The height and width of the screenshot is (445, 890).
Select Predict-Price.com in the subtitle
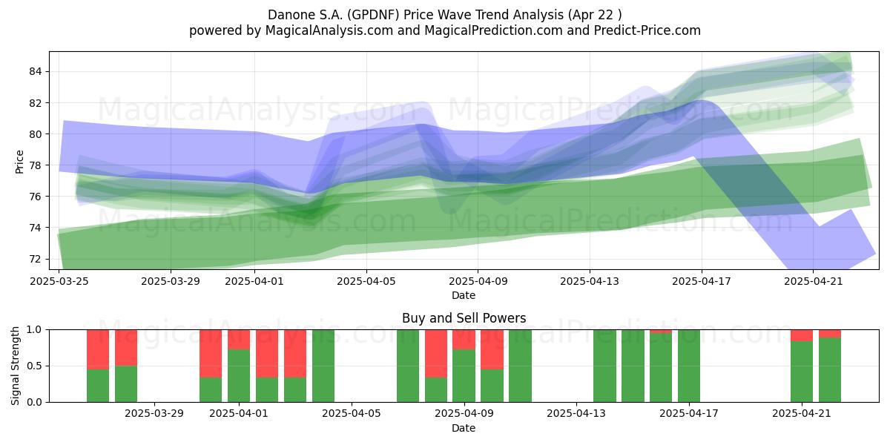pyautogui.click(x=647, y=30)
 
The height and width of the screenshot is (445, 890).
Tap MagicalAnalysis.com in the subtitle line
pyautogui.click(x=329, y=30)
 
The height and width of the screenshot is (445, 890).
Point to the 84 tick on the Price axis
pyautogui.click(x=35, y=71)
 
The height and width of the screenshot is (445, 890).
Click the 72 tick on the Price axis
pyautogui.click(x=35, y=259)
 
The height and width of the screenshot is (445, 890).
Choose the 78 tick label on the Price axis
pyautogui.click(x=35, y=165)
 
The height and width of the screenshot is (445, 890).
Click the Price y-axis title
pyautogui.click(x=19, y=162)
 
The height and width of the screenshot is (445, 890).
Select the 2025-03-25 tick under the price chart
pyautogui.click(x=59, y=281)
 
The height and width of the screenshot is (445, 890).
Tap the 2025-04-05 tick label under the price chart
pyautogui.click(x=366, y=281)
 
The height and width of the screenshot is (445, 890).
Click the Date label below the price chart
pyautogui.click(x=464, y=295)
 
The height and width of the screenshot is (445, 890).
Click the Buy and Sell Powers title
pyautogui.click(x=464, y=318)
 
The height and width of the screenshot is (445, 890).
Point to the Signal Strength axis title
pyautogui.click(x=15, y=366)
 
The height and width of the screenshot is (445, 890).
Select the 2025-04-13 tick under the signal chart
pyautogui.click(x=576, y=414)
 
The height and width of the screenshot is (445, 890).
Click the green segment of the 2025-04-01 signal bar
pyautogui.click(x=239, y=376)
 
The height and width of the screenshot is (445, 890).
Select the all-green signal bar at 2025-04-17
pyautogui.click(x=689, y=366)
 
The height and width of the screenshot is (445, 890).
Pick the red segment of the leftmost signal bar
pyautogui.click(x=98, y=349)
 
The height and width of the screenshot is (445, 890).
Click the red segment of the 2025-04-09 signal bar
pyautogui.click(x=464, y=340)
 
